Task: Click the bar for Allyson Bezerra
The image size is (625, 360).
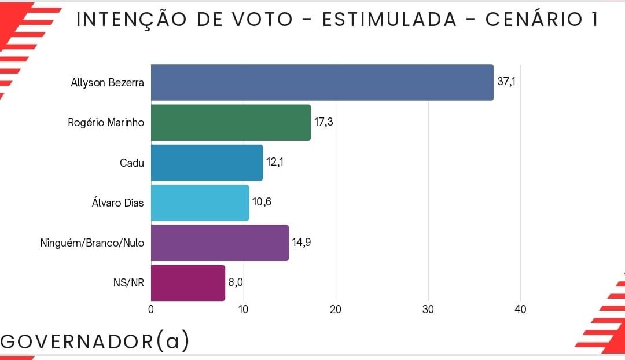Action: (x=322, y=82)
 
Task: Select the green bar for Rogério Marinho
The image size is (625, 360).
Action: (x=231, y=122)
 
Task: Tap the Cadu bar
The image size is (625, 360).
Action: (x=207, y=163)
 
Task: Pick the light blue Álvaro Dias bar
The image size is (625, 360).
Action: (x=200, y=203)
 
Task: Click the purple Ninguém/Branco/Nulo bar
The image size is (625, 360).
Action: (x=219, y=243)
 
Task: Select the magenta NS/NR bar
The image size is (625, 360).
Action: (x=187, y=283)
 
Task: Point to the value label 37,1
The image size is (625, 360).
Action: (x=506, y=82)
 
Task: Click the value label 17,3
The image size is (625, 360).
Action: (x=323, y=122)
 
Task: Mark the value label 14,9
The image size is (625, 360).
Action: (x=301, y=243)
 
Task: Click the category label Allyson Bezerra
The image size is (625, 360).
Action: (x=107, y=82)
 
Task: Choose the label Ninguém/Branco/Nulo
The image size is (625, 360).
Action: (x=92, y=243)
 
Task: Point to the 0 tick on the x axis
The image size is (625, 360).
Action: (x=151, y=310)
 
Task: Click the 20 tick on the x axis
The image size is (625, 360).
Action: (x=336, y=310)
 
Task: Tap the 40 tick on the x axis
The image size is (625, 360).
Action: (x=520, y=310)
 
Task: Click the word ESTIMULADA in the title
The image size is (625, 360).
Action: (x=389, y=20)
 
